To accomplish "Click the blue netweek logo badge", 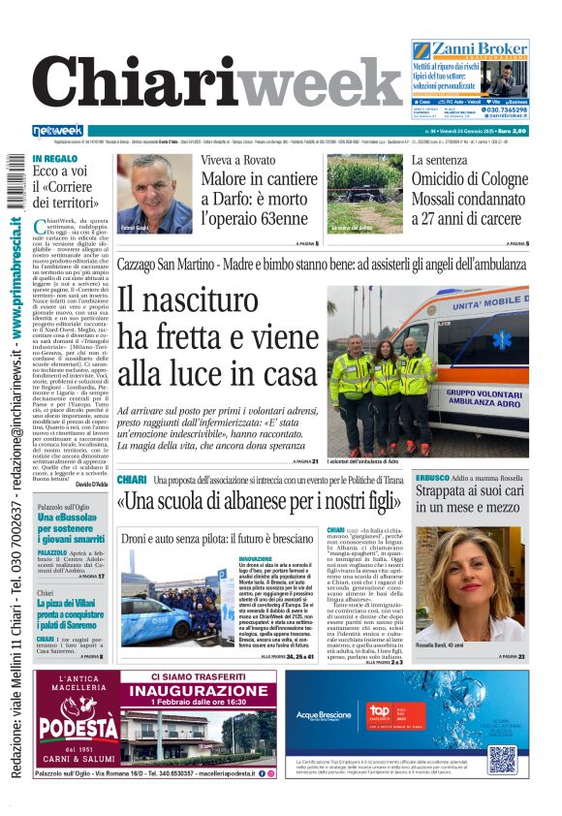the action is (58, 131).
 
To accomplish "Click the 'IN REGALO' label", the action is (54, 159).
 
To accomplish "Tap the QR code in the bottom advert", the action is (501, 759).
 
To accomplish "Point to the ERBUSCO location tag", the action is (431, 479).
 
